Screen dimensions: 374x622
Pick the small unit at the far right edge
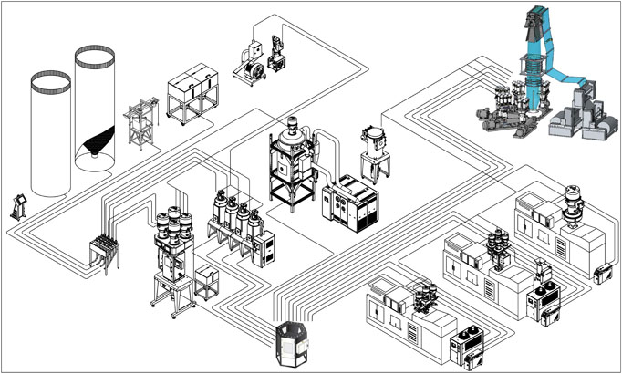[603, 272]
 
